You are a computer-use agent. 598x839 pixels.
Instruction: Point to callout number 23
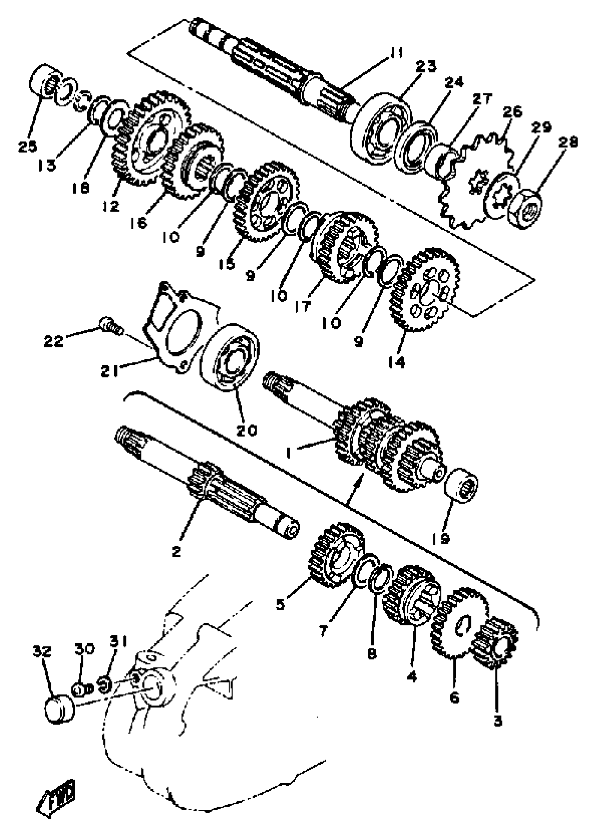click(426, 67)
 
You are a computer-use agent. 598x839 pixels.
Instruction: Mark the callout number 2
click(176, 551)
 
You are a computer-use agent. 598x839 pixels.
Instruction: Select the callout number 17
click(303, 307)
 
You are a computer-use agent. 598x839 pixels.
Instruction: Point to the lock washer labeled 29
click(503, 195)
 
